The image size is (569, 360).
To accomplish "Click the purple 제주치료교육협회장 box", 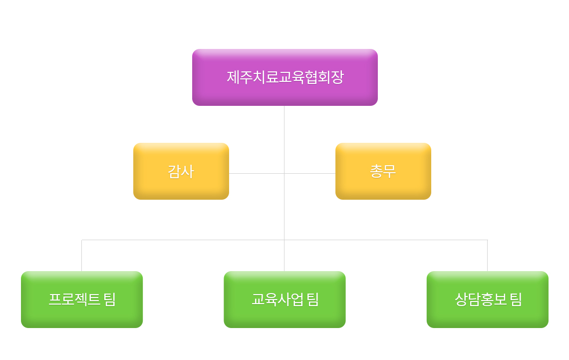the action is [x=285, y=77].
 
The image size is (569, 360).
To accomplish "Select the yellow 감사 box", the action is [x=181, y=171].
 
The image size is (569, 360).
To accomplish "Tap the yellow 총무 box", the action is [x=383, y=171].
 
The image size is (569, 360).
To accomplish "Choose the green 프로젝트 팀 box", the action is [x=82, y=300].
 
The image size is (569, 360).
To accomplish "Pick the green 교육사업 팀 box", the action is [x=284, y=300].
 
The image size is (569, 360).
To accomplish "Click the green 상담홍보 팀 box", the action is [x=487, y=300].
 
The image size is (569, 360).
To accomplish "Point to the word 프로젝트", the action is [x=74, y=300].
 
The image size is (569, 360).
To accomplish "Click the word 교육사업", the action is [x=278, y=300].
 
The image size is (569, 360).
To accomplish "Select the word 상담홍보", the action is [x=481, y=300].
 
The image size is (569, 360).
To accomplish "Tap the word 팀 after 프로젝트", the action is [x=110, y=300].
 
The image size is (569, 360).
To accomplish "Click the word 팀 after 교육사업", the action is [x=312, y=300].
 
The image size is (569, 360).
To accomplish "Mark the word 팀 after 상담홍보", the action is [x=516, y=300].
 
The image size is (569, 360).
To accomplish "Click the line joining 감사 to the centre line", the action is [x=257, y=173].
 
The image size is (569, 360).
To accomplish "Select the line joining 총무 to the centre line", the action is [x=310, y=173].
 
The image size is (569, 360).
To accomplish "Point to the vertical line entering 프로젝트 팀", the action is [x=82, y=256].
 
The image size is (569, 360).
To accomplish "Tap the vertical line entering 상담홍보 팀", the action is [x=487, y=256].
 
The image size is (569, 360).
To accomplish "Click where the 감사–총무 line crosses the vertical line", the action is [x=284, y=173].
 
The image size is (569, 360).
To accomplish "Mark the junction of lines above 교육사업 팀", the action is [x=284, y=240].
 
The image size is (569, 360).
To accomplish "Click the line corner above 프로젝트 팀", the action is [x=82, y=240].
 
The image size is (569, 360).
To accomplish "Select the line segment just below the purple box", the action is [x=284, y=139].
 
